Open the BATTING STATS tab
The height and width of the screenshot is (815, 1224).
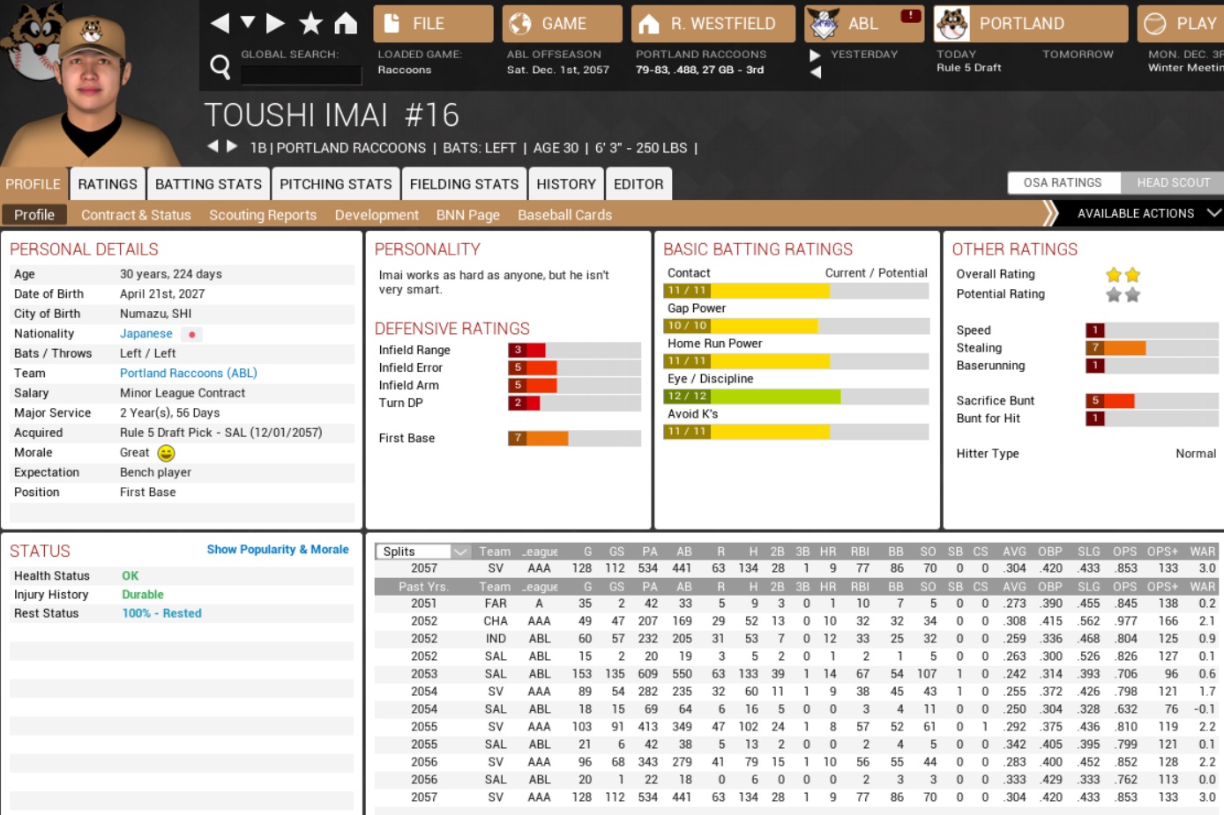tap(208, 184)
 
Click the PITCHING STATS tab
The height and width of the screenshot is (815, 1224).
tap(335, 184)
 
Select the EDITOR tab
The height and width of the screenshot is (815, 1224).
tap(638, 184)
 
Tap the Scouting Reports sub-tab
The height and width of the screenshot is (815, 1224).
tap(263, 215)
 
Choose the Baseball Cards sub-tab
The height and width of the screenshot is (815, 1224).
tap(564, 215)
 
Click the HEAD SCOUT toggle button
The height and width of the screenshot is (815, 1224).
tap(1173, 182)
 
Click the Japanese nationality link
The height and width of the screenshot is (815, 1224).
tap(146, 334)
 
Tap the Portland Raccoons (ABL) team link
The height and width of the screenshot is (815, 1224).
tap(189, 374)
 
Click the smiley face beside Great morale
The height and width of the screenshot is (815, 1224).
tap(166, 453)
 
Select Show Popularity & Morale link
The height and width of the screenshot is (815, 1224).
tap(278, 550)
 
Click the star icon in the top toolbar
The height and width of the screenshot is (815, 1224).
tap(310, 24)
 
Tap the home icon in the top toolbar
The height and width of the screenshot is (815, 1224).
tap(346, 24)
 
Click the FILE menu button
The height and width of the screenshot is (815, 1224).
tap(432, 24)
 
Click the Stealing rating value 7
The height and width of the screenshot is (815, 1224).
tap(1095, 348)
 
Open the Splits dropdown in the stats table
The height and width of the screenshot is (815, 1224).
tap(424, 552)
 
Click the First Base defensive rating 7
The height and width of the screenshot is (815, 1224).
tap(518, 438)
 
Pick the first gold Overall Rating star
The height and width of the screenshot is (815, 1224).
tap(1114, 275)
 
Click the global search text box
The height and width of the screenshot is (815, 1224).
tap(301, 75)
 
